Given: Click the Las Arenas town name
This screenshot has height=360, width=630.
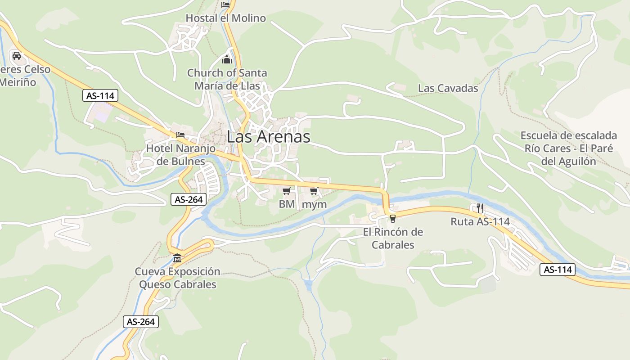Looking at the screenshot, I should (x=269, y=137).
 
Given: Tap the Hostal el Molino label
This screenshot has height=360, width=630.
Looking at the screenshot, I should (x=226, y=18).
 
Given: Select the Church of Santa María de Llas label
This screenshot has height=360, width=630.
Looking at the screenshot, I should (x=227, y=79).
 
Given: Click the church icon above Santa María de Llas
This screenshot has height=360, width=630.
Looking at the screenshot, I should (x=227, y=59).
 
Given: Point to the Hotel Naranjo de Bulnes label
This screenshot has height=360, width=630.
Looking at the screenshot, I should (x=181, y=154).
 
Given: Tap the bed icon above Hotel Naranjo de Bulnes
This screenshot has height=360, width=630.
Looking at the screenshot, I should (x=180, y=135).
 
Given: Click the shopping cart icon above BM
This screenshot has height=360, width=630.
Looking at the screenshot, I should (x=287, y=191).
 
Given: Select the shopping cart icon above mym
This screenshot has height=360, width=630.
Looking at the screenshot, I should (x=314, y=191).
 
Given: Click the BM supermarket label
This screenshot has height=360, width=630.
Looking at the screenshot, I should (x=287, y=204).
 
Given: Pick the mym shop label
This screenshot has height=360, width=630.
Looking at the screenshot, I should (x=314, y=204).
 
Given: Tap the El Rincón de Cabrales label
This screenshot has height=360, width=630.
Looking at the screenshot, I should (x=393, y=238).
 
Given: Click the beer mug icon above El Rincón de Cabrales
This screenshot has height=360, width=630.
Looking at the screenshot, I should (x=393, y=219).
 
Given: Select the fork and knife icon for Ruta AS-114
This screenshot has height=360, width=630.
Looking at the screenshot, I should (x=480, y=208).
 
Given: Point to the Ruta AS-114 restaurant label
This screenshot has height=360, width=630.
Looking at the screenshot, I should (x=480, y=221).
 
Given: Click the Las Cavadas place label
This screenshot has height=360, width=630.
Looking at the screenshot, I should (x=448, y=88).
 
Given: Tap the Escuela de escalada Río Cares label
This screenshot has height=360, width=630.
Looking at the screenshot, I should (x=569, y=148).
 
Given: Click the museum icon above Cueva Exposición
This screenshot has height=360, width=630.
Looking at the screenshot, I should (x=177, y=258).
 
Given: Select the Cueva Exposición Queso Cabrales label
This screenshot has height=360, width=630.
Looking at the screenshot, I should (x=178, y=278).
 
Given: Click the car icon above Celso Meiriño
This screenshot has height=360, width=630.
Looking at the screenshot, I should (x=17, y=56).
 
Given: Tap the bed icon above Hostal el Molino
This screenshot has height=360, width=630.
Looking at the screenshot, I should (x=225, y=4).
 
